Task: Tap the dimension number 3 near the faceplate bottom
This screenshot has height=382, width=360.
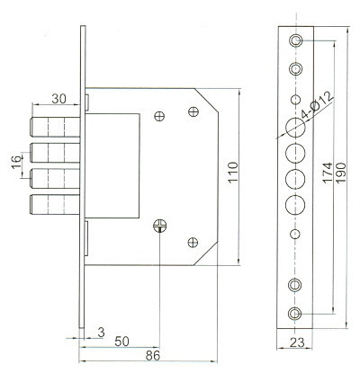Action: pyautogui.click(x=101, y=332)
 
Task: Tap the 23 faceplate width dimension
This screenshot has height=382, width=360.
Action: pyautogui.click(x=297, y=342)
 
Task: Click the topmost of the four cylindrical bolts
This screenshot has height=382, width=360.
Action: pyautogui.click(x=49, y=126)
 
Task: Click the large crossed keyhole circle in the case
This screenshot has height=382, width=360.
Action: pyautogui.click(x=159, y=226)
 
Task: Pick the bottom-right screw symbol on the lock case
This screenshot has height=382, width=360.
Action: pyautogui.click(x=193, y=242)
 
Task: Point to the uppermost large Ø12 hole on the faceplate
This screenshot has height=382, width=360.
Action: pyautogui.click(x=295, y=127)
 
